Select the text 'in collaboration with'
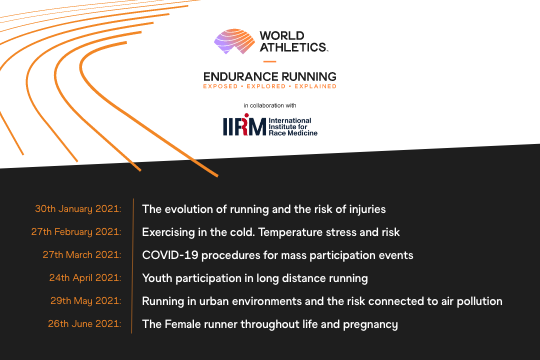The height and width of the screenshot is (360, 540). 270,104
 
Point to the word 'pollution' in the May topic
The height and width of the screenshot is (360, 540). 475,300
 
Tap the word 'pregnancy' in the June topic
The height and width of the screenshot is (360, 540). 369,324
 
